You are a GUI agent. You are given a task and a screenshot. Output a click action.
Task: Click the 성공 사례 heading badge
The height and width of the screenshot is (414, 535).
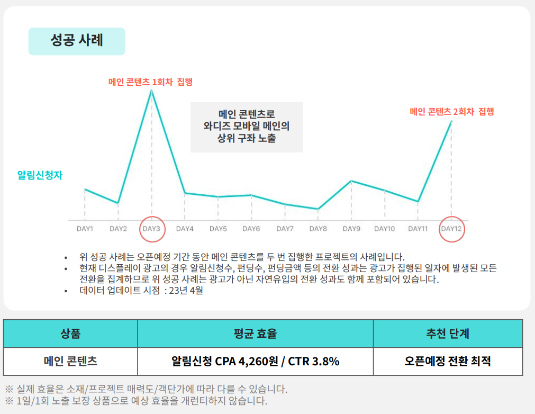(x=77, y=41)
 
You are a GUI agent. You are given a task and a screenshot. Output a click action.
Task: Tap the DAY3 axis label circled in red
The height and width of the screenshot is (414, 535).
(x=152, y=229)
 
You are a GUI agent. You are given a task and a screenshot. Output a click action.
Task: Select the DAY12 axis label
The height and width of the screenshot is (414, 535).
(x=451, y=229)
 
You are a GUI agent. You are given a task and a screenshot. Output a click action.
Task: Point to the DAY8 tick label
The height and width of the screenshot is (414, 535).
(x=318, y=229)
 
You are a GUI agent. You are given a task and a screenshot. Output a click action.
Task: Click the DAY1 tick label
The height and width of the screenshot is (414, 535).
(x=85, y=229)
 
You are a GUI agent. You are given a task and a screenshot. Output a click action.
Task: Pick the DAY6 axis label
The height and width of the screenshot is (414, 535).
(x=251, y=229)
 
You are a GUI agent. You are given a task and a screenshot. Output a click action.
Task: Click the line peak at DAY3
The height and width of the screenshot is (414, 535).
(x=152, y=91)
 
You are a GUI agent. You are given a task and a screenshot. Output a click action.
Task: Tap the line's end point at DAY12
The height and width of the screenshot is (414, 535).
(x=451, y=121)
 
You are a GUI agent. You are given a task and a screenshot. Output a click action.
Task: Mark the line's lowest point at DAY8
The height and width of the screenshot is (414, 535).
(x=318, y=209)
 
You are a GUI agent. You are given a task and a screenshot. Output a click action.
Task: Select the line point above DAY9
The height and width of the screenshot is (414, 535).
(x=351, y=181)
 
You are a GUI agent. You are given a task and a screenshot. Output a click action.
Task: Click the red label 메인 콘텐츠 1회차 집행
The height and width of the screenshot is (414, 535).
(x=150, y=82)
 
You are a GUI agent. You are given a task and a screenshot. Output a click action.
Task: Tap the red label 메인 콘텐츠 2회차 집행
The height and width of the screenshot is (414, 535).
(x=451, y=112)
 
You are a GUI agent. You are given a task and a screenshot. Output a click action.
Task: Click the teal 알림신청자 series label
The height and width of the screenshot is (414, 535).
(x=40, y=175)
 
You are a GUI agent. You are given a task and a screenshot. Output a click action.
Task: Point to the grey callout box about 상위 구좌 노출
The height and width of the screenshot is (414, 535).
(x=247, y=127)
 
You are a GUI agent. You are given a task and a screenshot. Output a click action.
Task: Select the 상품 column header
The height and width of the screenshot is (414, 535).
(x=70, y=334)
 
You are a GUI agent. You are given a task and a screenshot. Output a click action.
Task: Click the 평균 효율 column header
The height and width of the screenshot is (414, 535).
(x=255, y=334)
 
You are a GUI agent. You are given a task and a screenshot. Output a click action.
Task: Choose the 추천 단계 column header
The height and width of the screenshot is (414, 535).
(x=448, y=334)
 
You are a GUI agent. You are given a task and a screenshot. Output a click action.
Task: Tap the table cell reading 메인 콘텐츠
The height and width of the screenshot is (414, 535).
(x=70, y=362)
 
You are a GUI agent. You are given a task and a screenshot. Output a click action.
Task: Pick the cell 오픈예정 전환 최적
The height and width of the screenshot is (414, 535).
(x=448, y=362)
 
